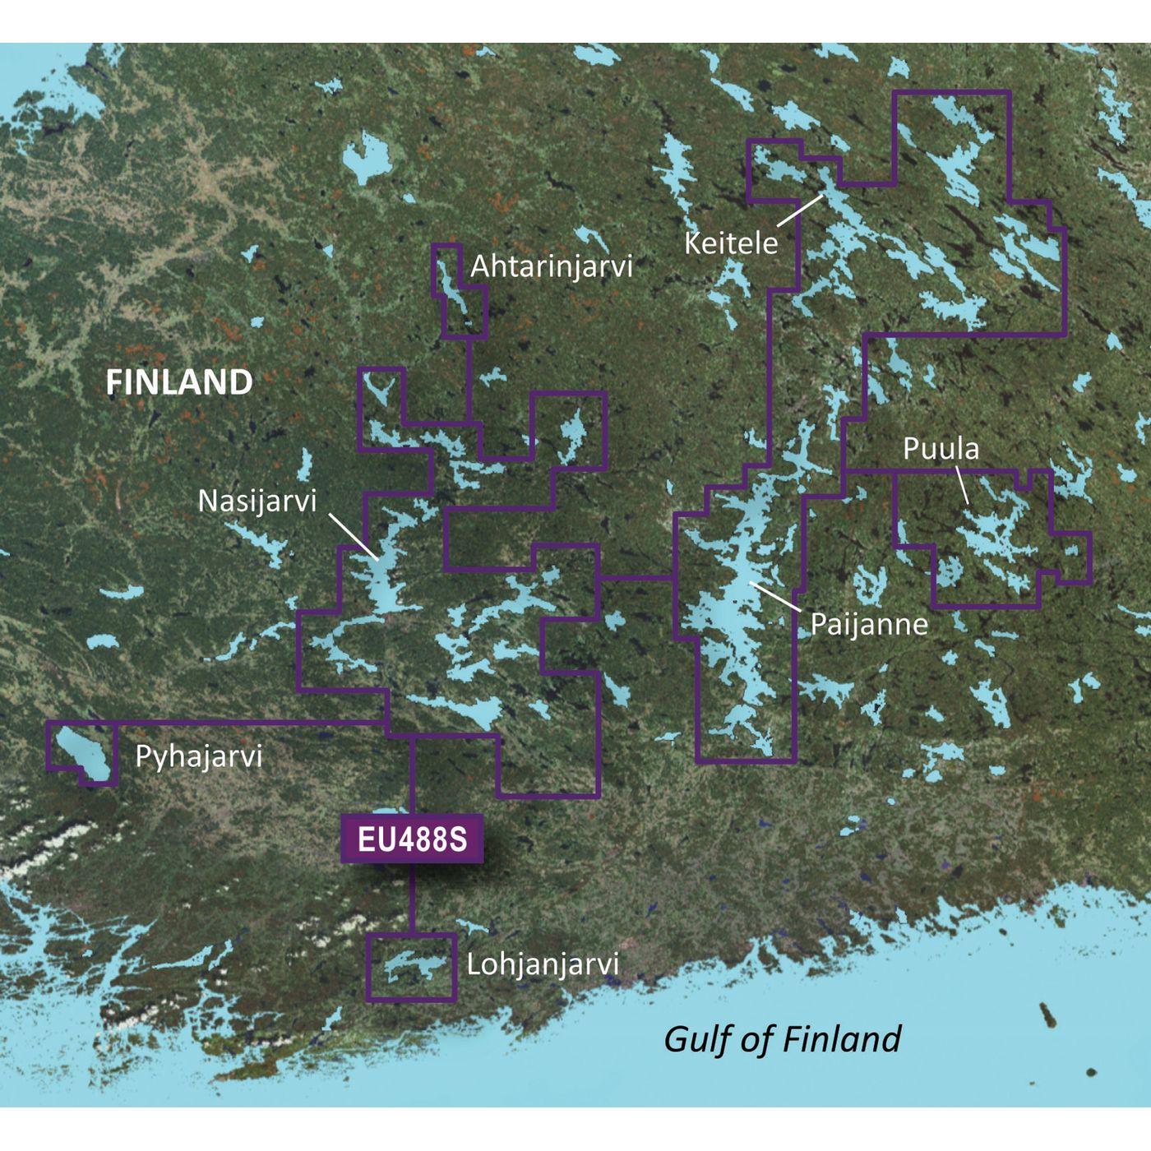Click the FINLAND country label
click(x=178, y=383)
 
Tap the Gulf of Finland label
click(x=782, y=1039)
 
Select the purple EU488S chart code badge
click(x=412, y=839)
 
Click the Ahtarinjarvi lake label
click(x=551, y=266)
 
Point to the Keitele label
click(x=730, y=243)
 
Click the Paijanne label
click(x=868, y=624)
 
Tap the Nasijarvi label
click(x=257, y=501)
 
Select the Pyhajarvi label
click(x=198, y=756)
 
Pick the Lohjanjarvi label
click(x=542, y=964)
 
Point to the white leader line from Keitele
click(x=800, y=210)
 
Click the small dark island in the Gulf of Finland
click(x=1049, y=1015)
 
